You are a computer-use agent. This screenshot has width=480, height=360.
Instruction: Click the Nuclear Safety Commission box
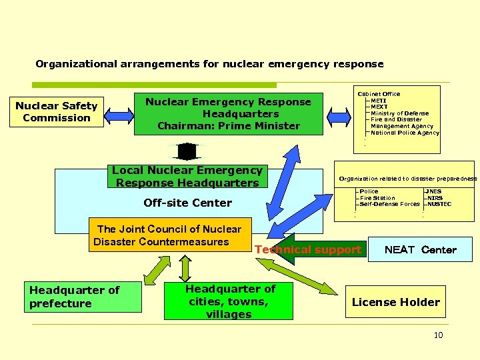57,112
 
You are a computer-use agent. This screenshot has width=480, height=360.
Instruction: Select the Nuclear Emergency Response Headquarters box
229,114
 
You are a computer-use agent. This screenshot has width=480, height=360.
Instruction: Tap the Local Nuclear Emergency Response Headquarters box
187,177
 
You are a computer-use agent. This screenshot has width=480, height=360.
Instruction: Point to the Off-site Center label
187,203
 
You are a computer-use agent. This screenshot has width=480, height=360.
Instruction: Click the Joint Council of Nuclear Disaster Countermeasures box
169,235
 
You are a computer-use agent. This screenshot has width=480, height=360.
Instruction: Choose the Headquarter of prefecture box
83,297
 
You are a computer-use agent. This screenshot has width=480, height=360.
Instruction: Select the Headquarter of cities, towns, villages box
229,301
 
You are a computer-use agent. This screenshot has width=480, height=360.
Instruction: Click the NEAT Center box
420,250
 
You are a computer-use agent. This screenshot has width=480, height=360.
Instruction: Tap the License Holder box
395,302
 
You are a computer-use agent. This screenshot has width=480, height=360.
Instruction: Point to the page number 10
438,335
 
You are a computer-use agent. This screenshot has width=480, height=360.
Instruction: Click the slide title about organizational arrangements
209,64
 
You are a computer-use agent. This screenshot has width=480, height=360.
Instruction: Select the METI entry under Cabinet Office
379,101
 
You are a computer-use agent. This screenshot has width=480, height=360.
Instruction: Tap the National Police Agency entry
405,133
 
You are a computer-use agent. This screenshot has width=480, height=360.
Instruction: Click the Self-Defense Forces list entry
389,204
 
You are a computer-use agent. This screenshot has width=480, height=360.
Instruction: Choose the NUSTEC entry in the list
439,204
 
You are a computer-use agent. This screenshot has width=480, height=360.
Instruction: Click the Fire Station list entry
377,198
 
